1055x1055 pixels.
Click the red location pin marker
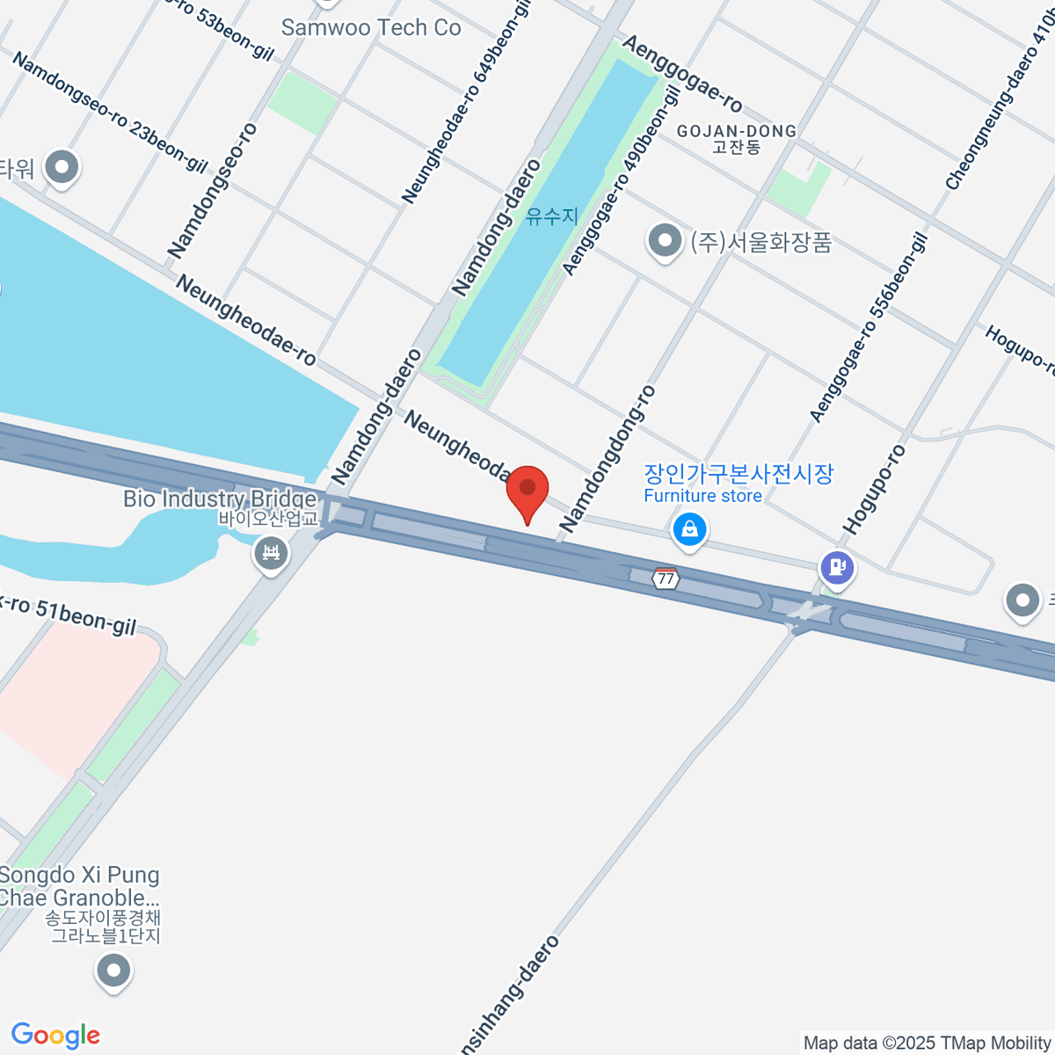pos(527,491)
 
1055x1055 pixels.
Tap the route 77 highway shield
pos(666,578)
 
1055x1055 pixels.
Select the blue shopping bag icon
pos(690,528)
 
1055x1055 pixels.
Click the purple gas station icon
pos(837,566)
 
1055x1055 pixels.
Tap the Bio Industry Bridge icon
pos(271,554)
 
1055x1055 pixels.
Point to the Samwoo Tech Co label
pos(371,28)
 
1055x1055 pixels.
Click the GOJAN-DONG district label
pos(737,132)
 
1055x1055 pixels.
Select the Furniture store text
pos(702,496)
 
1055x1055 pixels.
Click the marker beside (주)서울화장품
pos(665,240)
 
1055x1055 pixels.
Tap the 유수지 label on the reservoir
pos(552,215)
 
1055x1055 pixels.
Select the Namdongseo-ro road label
pos(213,191)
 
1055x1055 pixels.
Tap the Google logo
pos(55,1035)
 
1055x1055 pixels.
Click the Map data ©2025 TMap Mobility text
pos(928,1044)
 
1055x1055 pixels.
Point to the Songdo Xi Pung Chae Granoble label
pos(80,886)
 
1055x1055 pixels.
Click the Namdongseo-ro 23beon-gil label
pos(110,113)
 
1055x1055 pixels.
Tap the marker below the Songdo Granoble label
pos(113,971)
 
